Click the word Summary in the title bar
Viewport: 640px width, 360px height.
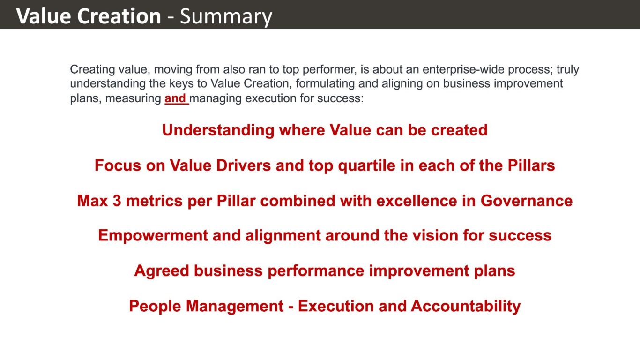click(x=226, y=16)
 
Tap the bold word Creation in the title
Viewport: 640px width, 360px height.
click(x=119, y=16)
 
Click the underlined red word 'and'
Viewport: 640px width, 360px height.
click(x=175, y=98)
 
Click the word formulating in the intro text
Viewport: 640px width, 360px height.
click(x=325, y=84)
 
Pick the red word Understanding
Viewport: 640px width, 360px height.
click(x=218, y=130)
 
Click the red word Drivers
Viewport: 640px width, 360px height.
click(x=244, y=165)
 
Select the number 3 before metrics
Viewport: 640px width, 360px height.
click(x=117, y=201)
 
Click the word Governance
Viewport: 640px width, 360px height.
click(x=527, y=201)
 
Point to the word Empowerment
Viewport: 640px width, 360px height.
click(x=153, y=236)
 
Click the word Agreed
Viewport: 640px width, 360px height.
click(x=162, y=271)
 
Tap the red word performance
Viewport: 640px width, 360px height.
click(x=316, y=271)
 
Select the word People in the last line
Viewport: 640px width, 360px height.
click(x=155, y=306)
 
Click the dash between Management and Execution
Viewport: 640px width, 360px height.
click(x=291, y=307)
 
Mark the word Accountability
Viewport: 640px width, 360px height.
click(x=466, y=307)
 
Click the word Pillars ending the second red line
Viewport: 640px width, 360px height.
click(x=531, y=165)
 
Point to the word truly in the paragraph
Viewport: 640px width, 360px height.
click(x=568, y=70)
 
